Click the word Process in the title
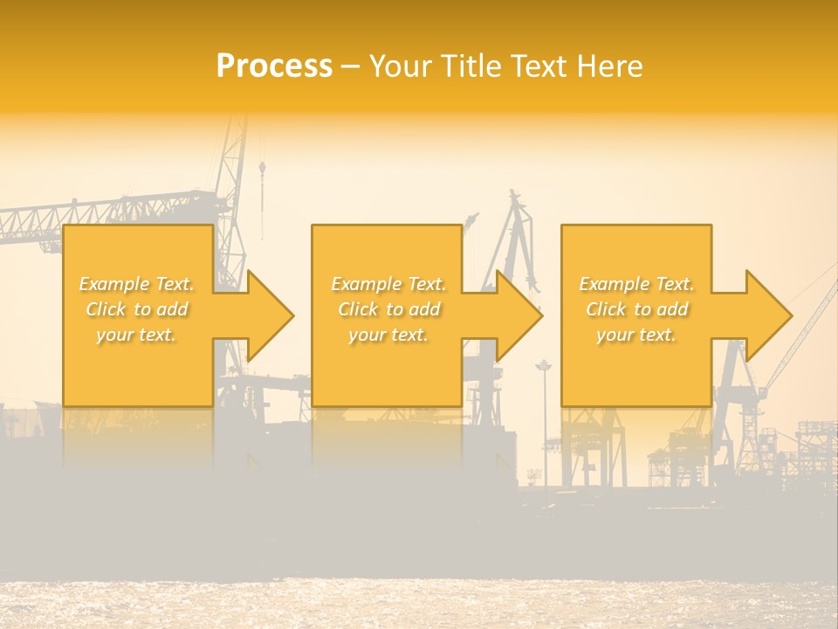point(274,66)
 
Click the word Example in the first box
point(114,284)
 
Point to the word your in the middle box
point(367,335)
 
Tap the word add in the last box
point(671,309)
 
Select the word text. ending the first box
point(157,335)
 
